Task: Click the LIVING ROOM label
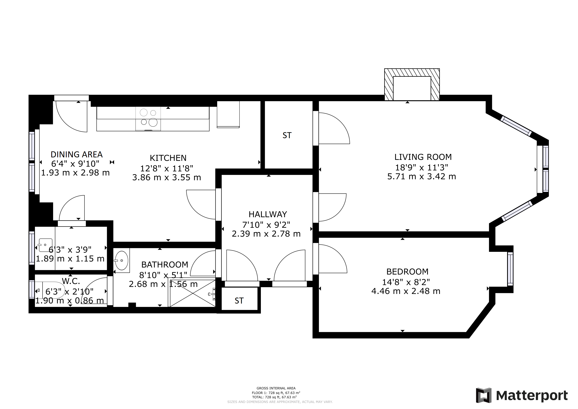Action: click(x=423, y=157)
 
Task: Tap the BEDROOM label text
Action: click(x=407, y=272)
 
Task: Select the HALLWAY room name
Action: click(x=268, y=214)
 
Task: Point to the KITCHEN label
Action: click(x=168, y=158)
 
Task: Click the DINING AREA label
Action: click(x=76, y=154)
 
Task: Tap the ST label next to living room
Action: click(x=287, y=135)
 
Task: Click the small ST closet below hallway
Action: click(x=239, y=301)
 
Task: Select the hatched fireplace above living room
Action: click(x=412, y=85)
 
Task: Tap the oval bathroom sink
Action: click(x=122, y=260)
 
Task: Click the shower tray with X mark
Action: click(x=193, y=293)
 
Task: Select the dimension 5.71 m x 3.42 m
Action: click(x=421, y=177)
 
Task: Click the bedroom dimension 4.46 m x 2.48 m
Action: click(x=406, y=291)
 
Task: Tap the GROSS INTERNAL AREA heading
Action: click(x=276, y=388)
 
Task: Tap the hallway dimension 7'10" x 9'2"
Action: click(x=266, y=224)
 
